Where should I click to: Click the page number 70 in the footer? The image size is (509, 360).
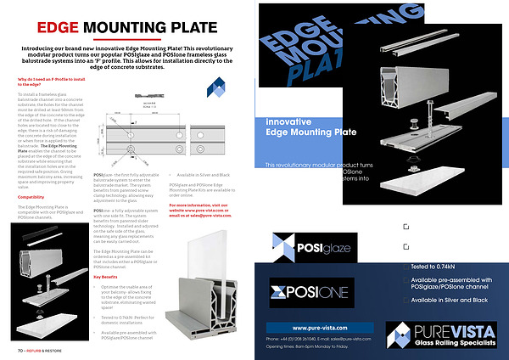click(x=19, y=350)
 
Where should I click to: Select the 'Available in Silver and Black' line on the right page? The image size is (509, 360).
click(x=449, y=301)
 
